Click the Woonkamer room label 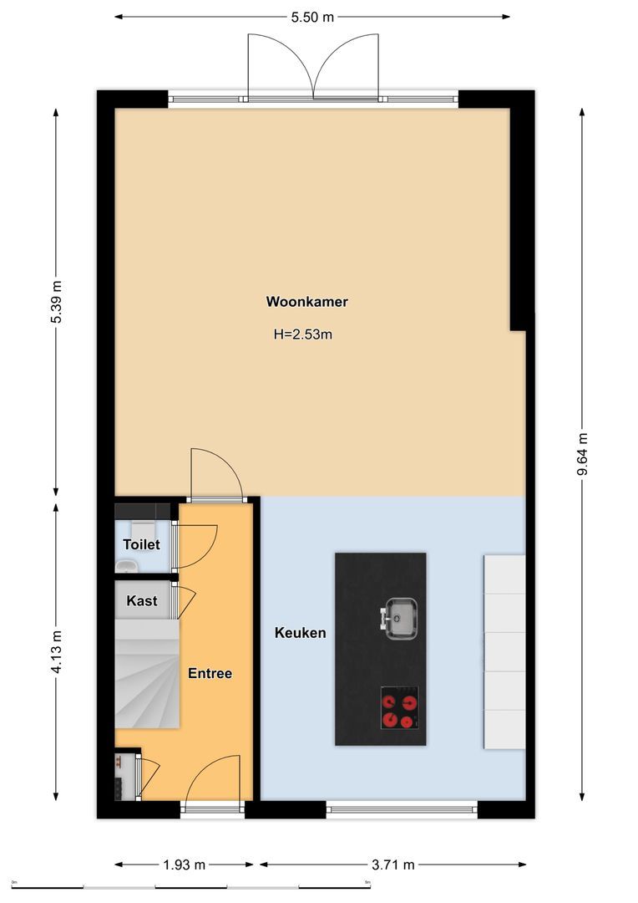point(306,302)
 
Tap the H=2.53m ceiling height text point(303,334)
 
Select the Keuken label point(300,633)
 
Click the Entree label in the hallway point(210,673)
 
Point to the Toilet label point(141,544)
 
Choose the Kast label point(142,600)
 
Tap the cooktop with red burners point(400,708)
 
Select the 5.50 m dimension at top point(312,16)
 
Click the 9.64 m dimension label point(582,455)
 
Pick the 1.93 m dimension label point(184,865)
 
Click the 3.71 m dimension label point(392,865)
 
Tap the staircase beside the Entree point(147,674)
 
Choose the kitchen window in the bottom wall point(401,809)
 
